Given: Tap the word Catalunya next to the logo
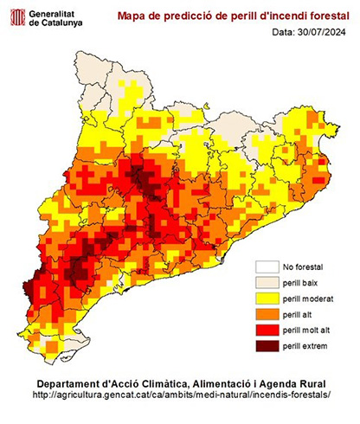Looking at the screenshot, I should [64, 23].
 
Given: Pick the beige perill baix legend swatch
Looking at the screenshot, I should [266, 282].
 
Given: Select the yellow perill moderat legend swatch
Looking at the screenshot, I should [266, 299].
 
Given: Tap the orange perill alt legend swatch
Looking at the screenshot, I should [266, 315].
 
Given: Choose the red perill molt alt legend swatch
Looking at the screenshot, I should [266, 331].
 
